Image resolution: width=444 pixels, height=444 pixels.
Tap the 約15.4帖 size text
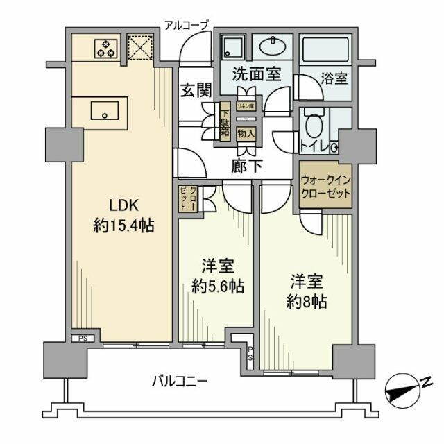123,225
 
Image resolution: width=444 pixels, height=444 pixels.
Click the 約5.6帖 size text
218,286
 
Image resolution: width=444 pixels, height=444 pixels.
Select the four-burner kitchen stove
105,48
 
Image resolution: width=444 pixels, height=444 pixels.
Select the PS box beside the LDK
82,338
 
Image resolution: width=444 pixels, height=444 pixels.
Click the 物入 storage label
245,133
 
